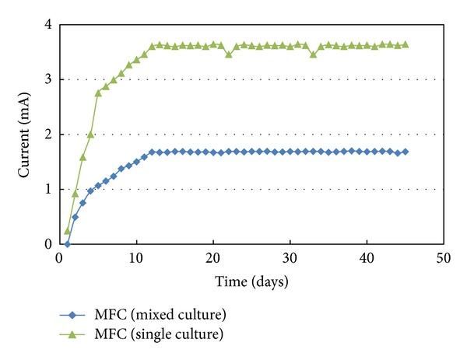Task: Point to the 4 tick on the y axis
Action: pyautogui.click(x=47, y=25)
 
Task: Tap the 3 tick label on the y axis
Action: pyautogui.click(x=47, y=79)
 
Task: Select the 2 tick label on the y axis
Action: pyautogui.click(x=47, y=135)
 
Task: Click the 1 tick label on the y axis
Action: pyautogui.click(x=47, y=189)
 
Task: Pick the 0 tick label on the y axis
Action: pyautogui.click(x=47, y=244)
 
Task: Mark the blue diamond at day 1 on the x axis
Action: pyautogui.click(x=68, y=243)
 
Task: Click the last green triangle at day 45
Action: pyautogui.click(x=405, y=44)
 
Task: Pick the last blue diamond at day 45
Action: pyautogui.click(x=405, y=152)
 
